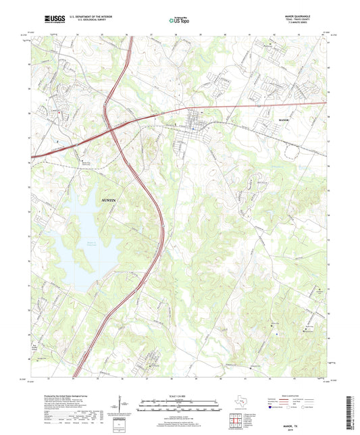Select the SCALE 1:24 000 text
180,395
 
